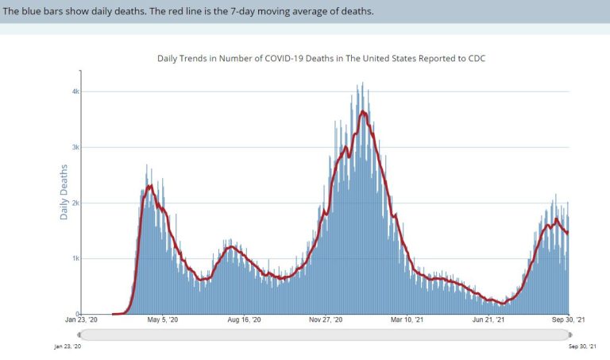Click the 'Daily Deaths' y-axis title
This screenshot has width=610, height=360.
64,191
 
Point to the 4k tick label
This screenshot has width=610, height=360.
75,91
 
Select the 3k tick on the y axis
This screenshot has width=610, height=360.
75,147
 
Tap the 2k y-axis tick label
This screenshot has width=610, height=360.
75,203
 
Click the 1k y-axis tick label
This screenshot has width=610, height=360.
75,258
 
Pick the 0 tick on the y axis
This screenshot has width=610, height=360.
77,314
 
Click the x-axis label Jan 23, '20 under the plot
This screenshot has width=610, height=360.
81,320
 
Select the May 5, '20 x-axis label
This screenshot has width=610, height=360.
162,320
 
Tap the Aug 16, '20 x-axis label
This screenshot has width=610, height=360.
243,320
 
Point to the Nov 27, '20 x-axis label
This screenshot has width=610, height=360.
326,320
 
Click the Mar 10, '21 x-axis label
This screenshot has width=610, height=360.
406,320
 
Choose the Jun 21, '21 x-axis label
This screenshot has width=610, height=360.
488,320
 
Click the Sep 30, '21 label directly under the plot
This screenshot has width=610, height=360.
569,320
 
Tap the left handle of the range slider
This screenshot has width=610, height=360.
82,335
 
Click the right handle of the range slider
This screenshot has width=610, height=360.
569,335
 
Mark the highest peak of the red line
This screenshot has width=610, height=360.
363,111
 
